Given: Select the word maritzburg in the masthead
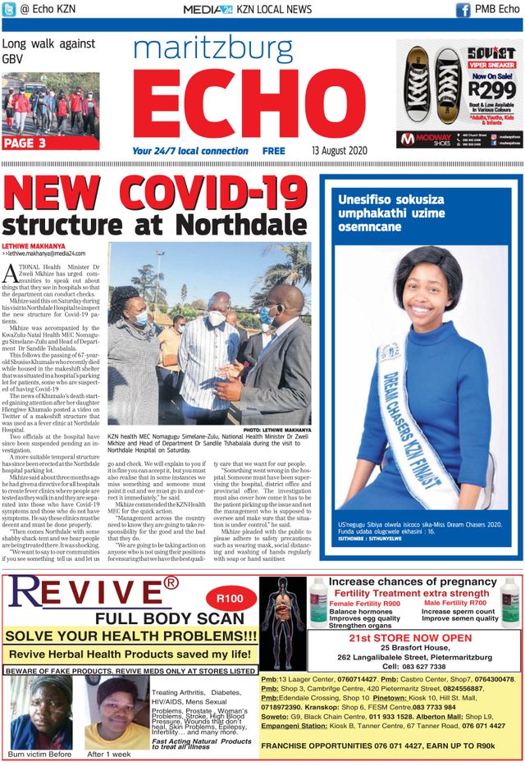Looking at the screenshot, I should coord(212,51).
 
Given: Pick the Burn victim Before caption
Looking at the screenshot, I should coord(39,754).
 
